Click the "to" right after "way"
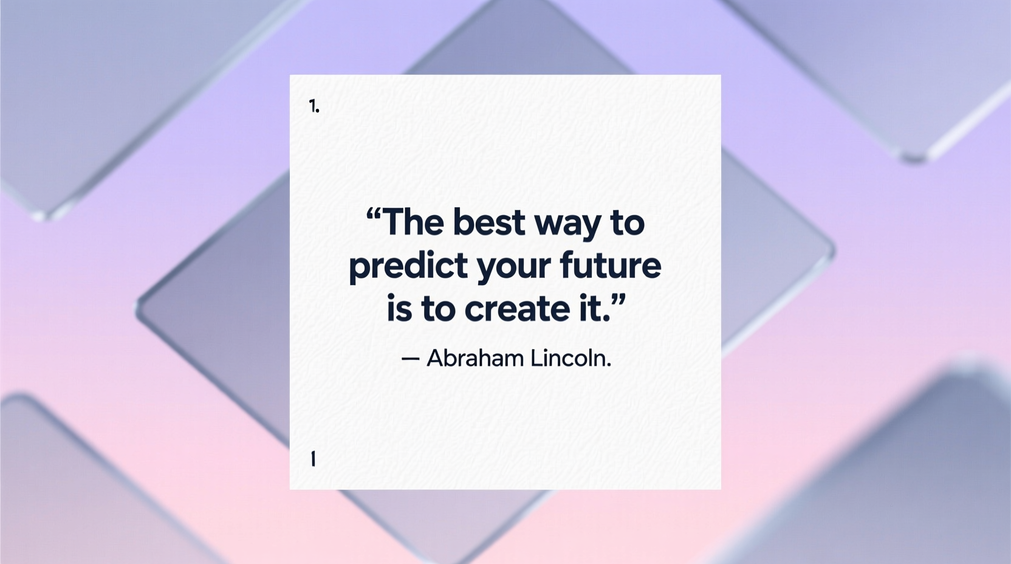point(626,222)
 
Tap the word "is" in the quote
point(399,309)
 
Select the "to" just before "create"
point(437,309)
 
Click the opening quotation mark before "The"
point(373,214)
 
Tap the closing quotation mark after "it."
point(617,300)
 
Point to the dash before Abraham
point(410,359)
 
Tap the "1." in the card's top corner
point(314,107)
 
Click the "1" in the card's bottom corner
point(313,459)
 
